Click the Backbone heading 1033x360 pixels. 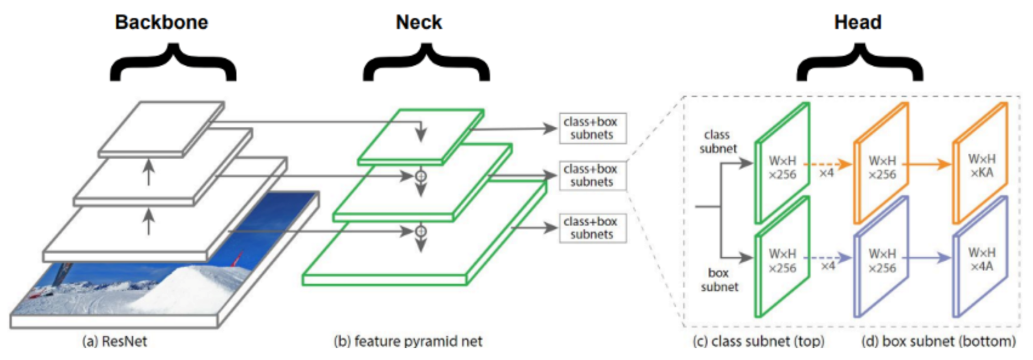(161, 22)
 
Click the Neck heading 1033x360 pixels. (418, 22)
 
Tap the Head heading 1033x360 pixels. (857, 22)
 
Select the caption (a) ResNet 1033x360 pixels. (115, 341)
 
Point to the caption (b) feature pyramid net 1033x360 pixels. (408, 341)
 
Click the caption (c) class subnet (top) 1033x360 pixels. (758, 341)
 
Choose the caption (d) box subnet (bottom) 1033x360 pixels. (938, 341)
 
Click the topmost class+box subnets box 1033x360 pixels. (592, 128)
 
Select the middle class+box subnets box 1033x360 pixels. (592, 175)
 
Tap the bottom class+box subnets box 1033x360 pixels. (592, 228)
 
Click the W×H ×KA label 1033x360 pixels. (981, 166)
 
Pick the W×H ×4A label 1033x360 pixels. (981, 259)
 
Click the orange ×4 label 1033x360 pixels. (826, 173)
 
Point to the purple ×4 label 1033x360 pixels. (828, 266)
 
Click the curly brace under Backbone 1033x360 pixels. (173, 64)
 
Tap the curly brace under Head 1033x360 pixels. (860, 64)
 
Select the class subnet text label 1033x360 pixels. (718, 141)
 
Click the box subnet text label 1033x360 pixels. (719, 280)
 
